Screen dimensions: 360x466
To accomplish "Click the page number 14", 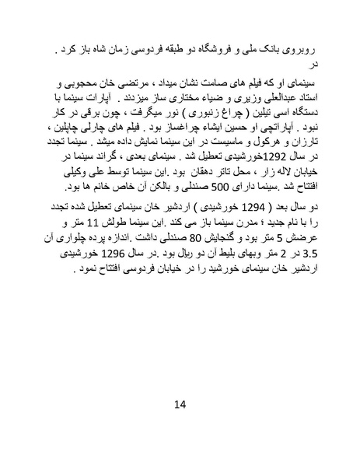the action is point(180,403).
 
